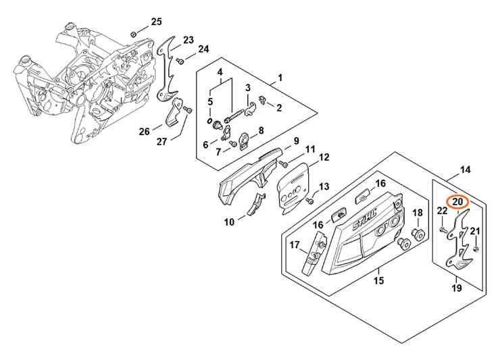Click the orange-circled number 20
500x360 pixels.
457,201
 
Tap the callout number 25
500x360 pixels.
156,22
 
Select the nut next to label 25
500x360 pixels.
134,34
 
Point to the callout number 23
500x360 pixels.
188,39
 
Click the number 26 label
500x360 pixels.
145,132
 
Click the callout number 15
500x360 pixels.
378,280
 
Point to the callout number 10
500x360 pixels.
229,221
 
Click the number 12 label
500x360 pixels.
324,157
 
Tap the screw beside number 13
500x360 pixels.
309,200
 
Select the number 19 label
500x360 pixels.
457,288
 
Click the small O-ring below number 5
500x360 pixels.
210,120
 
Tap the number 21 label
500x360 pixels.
475,232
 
